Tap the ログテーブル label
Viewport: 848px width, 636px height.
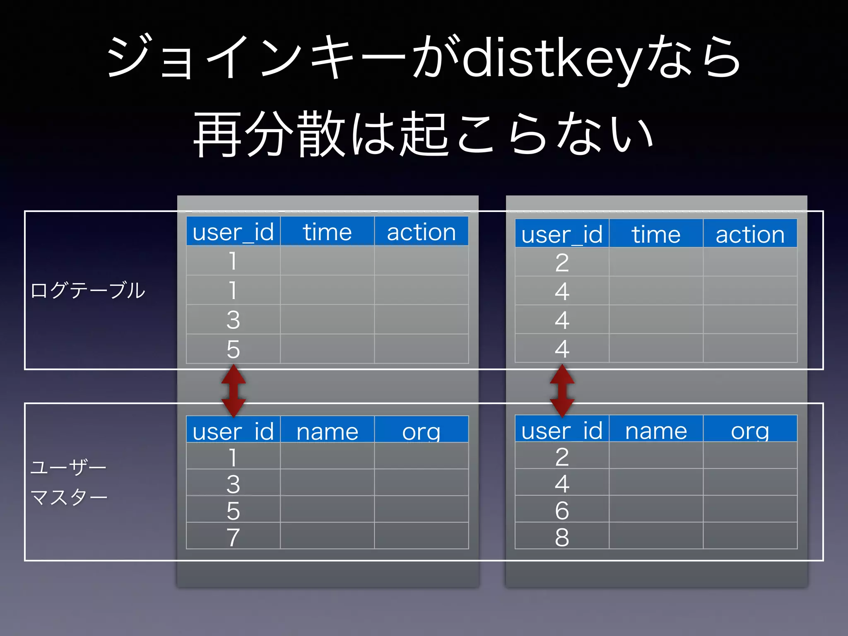tap(88, 290)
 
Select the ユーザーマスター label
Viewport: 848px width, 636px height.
tap(69, 482)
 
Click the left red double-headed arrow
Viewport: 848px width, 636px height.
tap(234, 390)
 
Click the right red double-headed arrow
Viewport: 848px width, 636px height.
tap(562, 390)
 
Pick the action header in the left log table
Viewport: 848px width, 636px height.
tap(421, 232)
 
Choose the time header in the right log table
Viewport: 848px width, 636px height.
tap(656, 234)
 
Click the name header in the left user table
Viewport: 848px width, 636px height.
tap(327, 431)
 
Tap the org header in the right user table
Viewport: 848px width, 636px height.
tap(750, 431)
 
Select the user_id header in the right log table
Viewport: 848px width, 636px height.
tap(562, 234)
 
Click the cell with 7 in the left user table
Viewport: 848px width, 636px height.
tap(233, 537)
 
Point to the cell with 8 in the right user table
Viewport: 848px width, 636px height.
tap(562, 537)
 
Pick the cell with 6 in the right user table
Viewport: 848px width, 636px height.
tap(562, 510)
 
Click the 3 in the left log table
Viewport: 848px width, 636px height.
tap(233, 320)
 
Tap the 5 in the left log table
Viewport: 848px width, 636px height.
tap(233, 349)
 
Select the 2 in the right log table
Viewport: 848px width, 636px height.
tap(562, 263)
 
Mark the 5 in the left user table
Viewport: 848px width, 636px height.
tap(233, 510)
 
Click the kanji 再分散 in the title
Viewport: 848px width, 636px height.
tap(269, 135)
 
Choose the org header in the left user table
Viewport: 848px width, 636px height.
tap(421, 431)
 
